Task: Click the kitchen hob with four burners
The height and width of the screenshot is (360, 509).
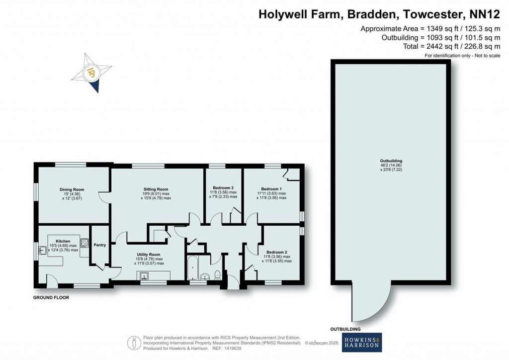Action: [85, 243]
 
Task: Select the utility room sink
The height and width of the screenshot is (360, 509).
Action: [145, 276]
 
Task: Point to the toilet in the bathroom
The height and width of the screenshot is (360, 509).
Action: [217, 275]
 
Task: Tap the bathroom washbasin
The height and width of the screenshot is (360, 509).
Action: [205, 277]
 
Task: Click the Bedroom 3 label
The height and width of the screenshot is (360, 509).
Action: [223, 188]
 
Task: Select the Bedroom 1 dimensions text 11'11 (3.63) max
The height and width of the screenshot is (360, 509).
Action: [272, 193]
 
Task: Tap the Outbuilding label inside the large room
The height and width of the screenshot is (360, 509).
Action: [391, 161]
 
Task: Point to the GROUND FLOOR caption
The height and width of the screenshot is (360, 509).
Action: [51, 298]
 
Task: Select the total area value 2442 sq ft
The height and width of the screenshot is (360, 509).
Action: [443, 46]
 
